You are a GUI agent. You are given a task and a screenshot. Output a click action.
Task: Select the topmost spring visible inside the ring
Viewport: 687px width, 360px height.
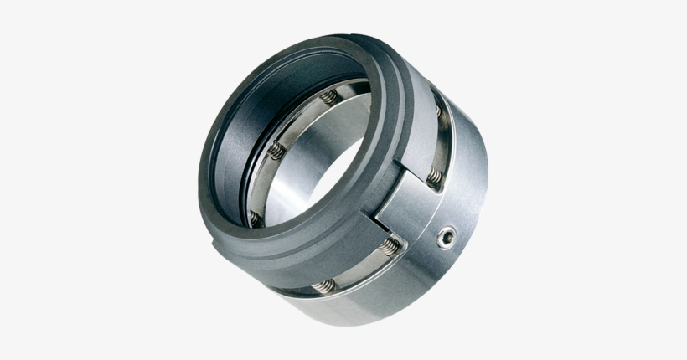pyautogui.click(x=329, y=98)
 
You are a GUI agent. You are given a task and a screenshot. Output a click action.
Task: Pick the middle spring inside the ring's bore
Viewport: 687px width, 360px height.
pyautogui.click(x=276, y=152)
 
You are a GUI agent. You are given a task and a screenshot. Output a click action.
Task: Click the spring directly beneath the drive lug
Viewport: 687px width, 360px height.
pyautogui.click(x=391, y=246)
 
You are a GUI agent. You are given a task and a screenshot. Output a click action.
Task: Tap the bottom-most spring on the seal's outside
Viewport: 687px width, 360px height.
pyautogui.click(x=324, y=285)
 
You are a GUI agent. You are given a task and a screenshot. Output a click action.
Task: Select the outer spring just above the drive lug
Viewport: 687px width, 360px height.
pyautogui.click(x=433, y=177)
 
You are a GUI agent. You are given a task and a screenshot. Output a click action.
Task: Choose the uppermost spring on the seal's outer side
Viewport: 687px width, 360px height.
pyautogui.click(x=436, y=110)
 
